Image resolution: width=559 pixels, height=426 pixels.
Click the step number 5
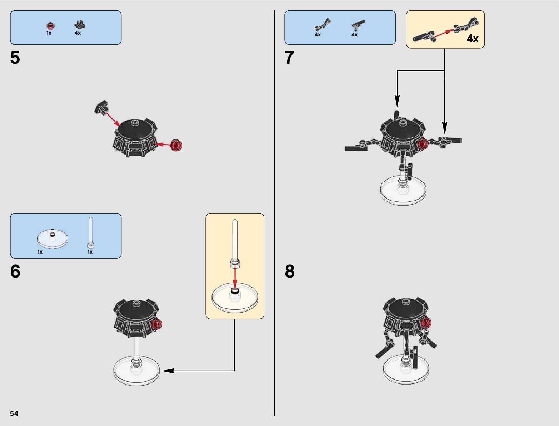[x=15, y=58]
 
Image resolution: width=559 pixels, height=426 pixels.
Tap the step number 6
[x=15, y=271]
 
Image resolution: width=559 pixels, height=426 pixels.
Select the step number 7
[x=289, y=58]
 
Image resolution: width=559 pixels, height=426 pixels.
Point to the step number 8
[x=290, y=271]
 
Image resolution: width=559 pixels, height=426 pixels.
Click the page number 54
[x=14, y=413]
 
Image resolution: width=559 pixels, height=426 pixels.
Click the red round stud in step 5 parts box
[x=50, y=25]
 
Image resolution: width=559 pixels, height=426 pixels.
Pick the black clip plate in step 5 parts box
[x=80, y=25]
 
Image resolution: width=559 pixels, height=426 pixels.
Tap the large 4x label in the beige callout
[x=473, y=39]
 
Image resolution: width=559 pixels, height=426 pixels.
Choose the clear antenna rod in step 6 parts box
[x=91, y=232]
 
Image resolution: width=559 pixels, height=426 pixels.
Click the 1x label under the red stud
[x=49, y=33]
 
